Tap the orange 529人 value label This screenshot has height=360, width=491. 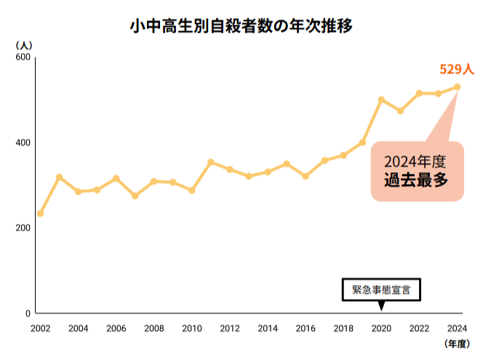(457, 70)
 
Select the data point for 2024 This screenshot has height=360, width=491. (457, 87)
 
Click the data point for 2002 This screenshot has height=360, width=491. (41, 213)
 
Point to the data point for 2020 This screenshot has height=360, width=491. (381, 100)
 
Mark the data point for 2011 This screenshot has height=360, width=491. (211, 162)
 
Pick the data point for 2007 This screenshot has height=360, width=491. (135, 196)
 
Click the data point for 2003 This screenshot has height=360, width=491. (60, 177)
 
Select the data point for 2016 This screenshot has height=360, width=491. (306, 176)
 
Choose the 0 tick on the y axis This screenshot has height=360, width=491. (28, 313)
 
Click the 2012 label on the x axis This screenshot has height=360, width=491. (230, 328)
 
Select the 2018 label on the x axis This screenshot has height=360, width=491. (343, 328)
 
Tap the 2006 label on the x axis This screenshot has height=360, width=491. (116, 328)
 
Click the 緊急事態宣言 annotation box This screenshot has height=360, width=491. (381, 289)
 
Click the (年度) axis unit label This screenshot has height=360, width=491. (458, 343)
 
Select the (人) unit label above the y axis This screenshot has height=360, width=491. (23, 45)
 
